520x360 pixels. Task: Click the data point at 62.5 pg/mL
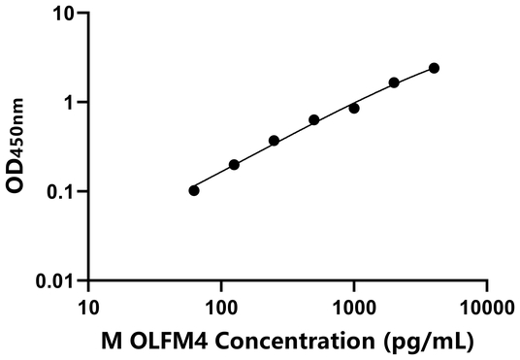click(194, 190)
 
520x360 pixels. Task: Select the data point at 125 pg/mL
click(234, 165)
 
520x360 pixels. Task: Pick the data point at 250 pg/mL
click(274, 141)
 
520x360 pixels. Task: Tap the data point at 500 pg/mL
click(314, 120)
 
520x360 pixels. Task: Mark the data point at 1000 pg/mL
click(354, 108)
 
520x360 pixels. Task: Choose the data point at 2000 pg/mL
click(394, 82)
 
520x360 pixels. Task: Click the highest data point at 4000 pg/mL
click(434, 68)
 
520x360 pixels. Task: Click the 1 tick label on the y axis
click(71, 103)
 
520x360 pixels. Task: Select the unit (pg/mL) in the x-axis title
click(423, 341)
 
